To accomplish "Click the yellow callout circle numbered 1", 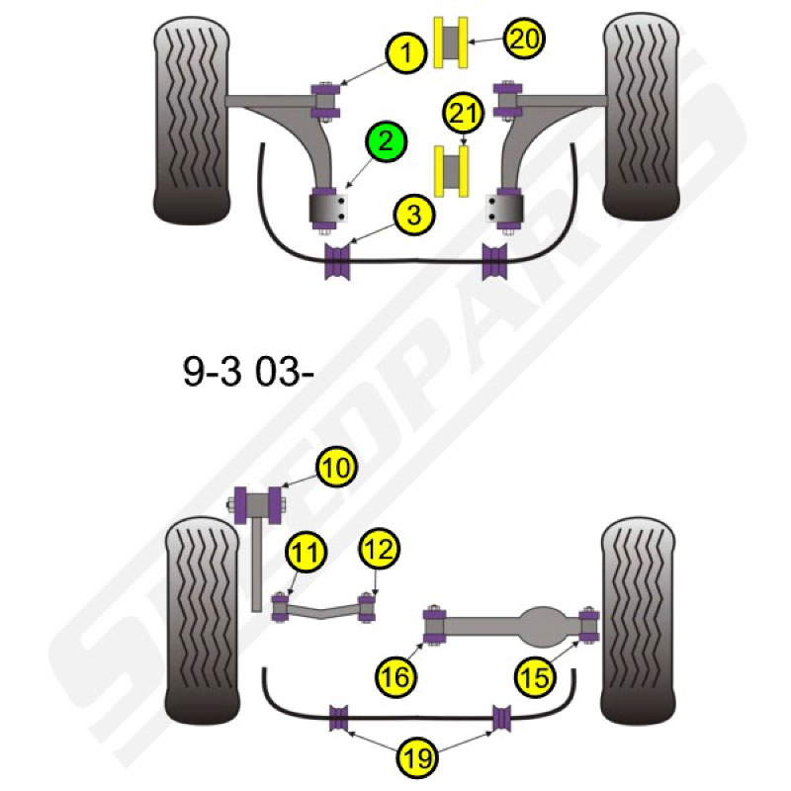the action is pos(406,52).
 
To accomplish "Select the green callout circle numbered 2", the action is pos(386,140).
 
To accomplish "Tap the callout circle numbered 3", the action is pos(414,216).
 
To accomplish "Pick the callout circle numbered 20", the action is pos(524,38).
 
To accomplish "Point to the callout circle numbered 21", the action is pos(463,113).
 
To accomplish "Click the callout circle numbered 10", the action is pos(336,467).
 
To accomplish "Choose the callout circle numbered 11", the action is pos(307,551).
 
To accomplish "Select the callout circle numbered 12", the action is pos(380,549).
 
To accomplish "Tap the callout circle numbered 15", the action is pos(535,677).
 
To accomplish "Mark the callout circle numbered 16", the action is pos(396,676).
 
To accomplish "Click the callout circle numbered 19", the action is pos(417,757).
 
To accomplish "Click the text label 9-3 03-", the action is pos(248,372).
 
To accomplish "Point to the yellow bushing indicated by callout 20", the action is pos(451,43).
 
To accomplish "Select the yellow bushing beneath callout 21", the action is pos(451,171).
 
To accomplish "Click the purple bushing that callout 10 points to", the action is pos(259,504).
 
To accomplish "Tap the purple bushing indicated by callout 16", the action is pos(434,627).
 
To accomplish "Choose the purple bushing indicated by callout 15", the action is pos(588,626).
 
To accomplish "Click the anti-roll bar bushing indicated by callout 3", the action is pos(337,261).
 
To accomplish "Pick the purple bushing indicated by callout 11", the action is pos(280,608).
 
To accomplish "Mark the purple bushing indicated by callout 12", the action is pos(367,608).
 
